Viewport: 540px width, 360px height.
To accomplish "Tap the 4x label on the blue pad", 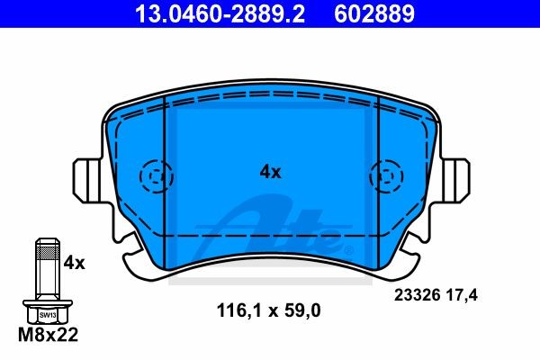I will pos(270,171).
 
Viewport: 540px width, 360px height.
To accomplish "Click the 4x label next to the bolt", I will pos(74,263).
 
